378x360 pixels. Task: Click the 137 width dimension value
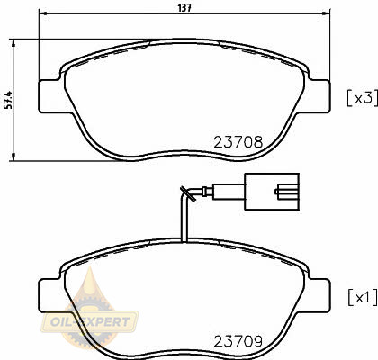[x=184, y=8]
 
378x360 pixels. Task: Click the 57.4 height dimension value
[x=9, y=99]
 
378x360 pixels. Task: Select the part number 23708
[x=238, y=142]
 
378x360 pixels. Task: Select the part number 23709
[x=238, y=341]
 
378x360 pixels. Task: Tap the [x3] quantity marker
[x=362, y=98]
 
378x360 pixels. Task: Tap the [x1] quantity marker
[x=362, y=297]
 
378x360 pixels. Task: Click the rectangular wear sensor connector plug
[x=272, y=192]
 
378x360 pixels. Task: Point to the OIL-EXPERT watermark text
[x=90, y=322]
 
